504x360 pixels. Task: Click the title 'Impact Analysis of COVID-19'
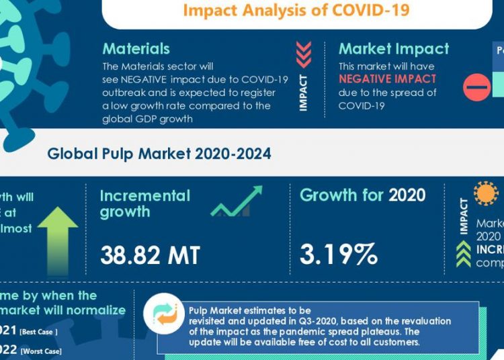(296, 11)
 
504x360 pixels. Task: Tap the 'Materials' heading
(136, 49)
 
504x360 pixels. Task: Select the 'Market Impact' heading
(394, 49)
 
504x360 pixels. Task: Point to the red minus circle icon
(477, 87)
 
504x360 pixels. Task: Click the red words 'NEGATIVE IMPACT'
(387, 79)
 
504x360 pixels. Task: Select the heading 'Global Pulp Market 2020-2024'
(159, 154)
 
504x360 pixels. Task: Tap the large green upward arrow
(58, 231)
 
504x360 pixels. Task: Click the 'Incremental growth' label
(145, 204)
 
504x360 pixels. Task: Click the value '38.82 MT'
(150, 255)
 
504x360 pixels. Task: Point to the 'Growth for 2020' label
(362, 195)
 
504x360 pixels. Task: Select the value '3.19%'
(339, 255)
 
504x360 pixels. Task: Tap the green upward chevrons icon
(464, 255)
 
